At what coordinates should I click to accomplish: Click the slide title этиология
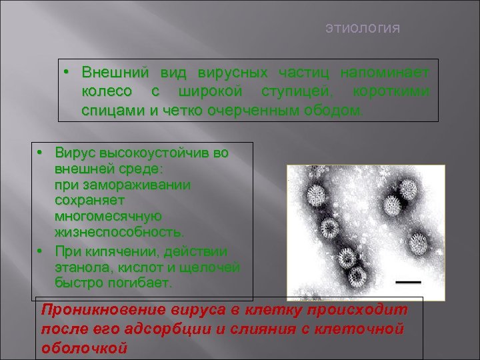(363, 28)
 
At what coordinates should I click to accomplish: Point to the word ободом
(337, 109)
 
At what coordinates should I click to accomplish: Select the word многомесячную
(107, 216)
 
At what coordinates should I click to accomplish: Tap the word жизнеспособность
(119, 231)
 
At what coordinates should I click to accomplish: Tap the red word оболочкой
(84, 347)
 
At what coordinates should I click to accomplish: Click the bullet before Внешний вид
(67, 71)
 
